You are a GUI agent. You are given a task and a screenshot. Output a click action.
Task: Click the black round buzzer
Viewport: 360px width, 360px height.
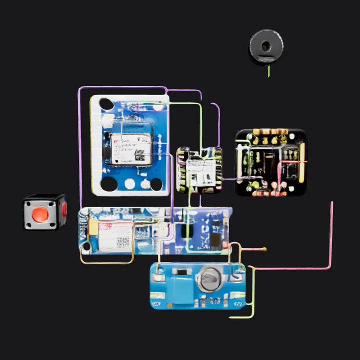[265, 46]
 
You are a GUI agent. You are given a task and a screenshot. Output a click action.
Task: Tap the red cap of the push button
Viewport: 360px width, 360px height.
[40, 214]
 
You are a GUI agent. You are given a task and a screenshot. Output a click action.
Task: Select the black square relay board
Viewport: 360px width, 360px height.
[270, 162]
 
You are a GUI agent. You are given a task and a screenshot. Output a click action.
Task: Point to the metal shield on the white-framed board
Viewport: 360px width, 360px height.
[131, 148]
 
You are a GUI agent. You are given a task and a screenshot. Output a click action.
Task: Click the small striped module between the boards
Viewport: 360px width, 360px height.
[199, 170]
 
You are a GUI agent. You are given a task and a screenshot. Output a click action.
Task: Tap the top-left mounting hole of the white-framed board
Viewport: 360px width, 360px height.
[105, 103]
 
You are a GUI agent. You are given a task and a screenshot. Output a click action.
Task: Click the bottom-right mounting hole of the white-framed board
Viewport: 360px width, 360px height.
[156, 184]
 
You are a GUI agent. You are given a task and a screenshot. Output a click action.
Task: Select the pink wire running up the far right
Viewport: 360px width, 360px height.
[331, 235]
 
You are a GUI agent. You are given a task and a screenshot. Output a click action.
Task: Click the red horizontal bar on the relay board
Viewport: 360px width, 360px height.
[293, 161]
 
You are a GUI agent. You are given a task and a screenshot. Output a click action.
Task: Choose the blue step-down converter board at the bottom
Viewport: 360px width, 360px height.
[197, 286]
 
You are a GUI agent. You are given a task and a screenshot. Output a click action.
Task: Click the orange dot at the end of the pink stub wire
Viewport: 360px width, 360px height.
[264, 249]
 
